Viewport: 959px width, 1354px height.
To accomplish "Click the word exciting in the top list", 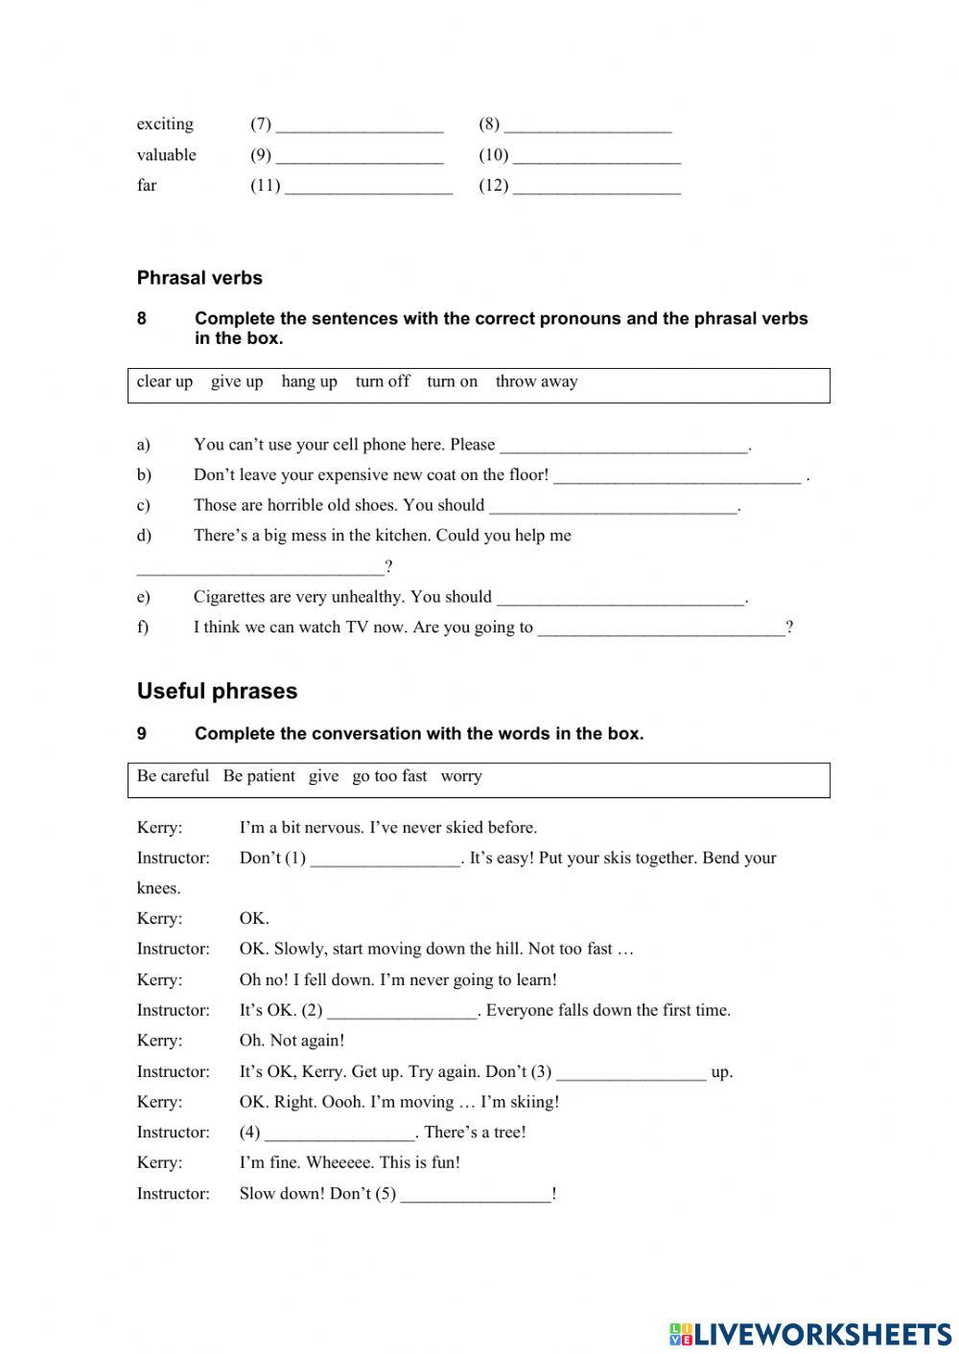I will pos(165,125).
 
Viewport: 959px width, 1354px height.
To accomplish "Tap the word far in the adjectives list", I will pos(147,186).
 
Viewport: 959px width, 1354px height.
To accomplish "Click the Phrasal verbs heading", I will pos(199,278).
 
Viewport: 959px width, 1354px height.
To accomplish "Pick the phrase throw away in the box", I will pos(536,381).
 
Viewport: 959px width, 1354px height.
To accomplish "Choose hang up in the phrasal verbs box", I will pos(309,381).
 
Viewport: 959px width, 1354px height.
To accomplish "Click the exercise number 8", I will pos(142,319).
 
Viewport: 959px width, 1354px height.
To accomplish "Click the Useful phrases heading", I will pos(217,691).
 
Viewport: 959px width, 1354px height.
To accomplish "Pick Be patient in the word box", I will pos(259,776).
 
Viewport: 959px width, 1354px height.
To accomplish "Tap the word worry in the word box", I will pos(461,776).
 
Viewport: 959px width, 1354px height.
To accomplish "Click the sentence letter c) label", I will pos(144,506).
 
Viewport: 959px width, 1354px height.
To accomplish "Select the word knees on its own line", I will pos(158,888).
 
